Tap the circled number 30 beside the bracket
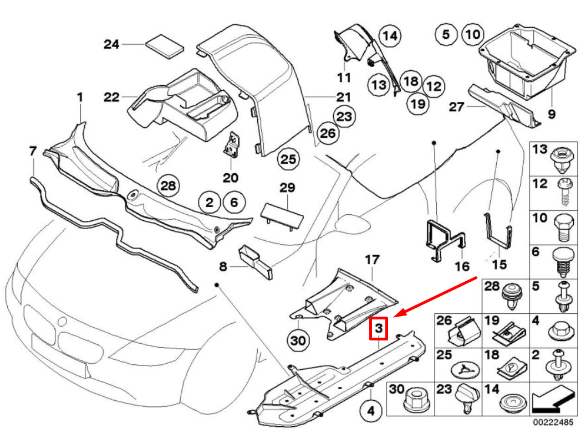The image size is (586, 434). click(298, 340)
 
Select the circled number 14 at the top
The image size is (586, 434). click(390, 37)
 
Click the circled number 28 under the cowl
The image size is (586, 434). click(168, 185)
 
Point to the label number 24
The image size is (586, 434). click(111, 44)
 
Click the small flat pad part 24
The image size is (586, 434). click(165, 45)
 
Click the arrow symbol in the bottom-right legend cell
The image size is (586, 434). click(552, 399)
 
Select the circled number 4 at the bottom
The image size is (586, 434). click(371, 411)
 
